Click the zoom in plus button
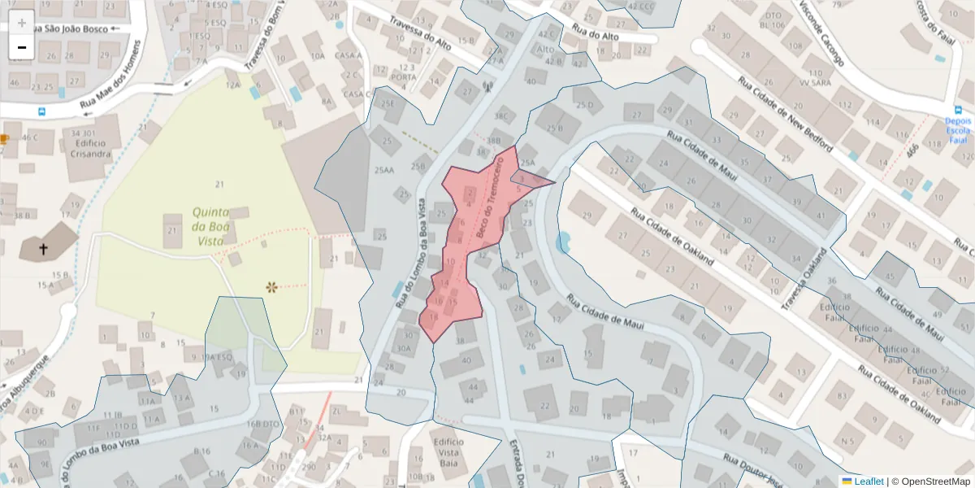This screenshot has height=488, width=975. click(x=22, y=23)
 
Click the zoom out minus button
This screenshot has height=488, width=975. click(x=22, y=47)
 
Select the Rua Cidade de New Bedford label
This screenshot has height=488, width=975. click(x=784, y=112)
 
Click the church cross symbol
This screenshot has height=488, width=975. click(x=43, y=249)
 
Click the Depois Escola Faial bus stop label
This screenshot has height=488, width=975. click(x=957, y=129)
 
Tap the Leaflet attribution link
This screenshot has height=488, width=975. click(x=869, y=481)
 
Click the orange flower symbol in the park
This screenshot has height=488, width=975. click(x=272, y=286)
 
